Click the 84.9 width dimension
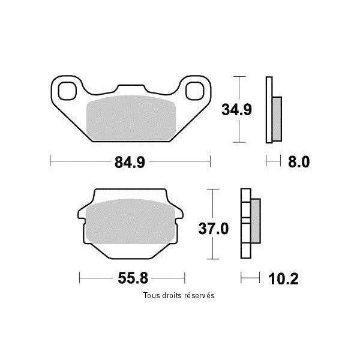click(130, 162)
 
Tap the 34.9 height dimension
click(237, 110)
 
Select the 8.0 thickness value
click(299, 161)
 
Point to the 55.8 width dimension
click(133, 278)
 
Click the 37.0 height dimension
click(214, 229)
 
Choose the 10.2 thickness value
click(283, 279)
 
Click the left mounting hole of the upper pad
click(67, 91)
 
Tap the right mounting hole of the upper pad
click(194, 91)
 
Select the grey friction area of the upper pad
click(131, 118)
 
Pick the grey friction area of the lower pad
click(131, 221)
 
